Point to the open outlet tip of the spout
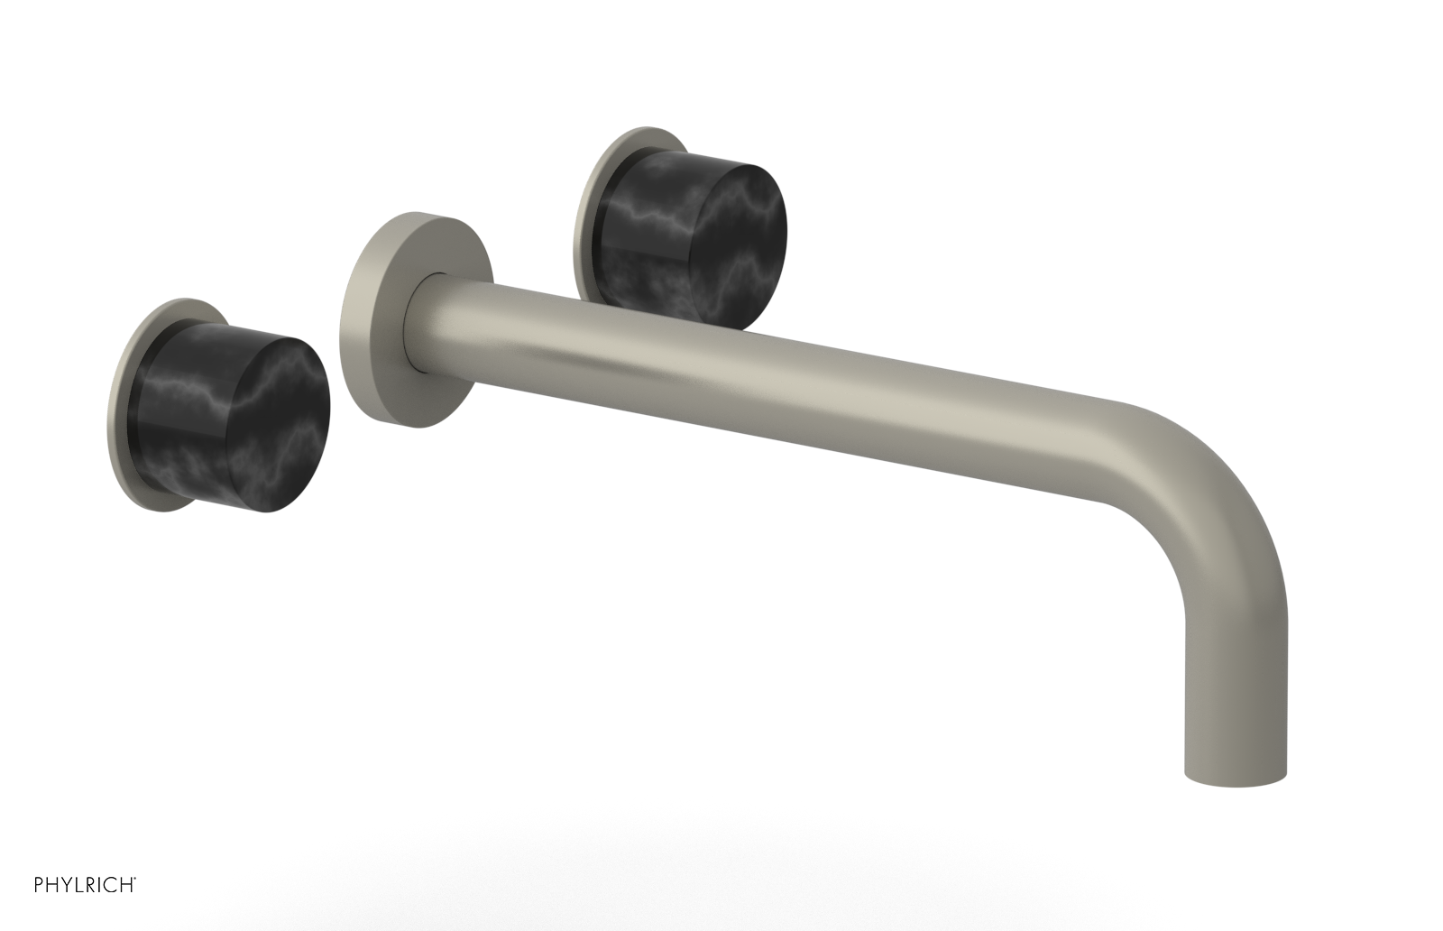coord(1234,776)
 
